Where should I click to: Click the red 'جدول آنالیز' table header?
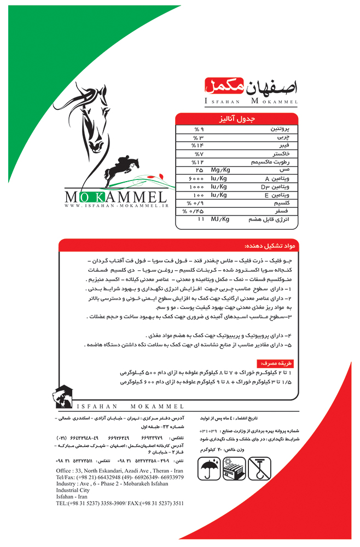coord(236,118)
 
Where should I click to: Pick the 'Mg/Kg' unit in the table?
coord(219,171)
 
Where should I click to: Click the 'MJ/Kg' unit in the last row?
coord(219,219)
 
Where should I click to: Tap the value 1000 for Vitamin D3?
coord(196,187)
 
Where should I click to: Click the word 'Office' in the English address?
coord(64,471)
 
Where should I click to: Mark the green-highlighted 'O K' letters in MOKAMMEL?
coord(91,196)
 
